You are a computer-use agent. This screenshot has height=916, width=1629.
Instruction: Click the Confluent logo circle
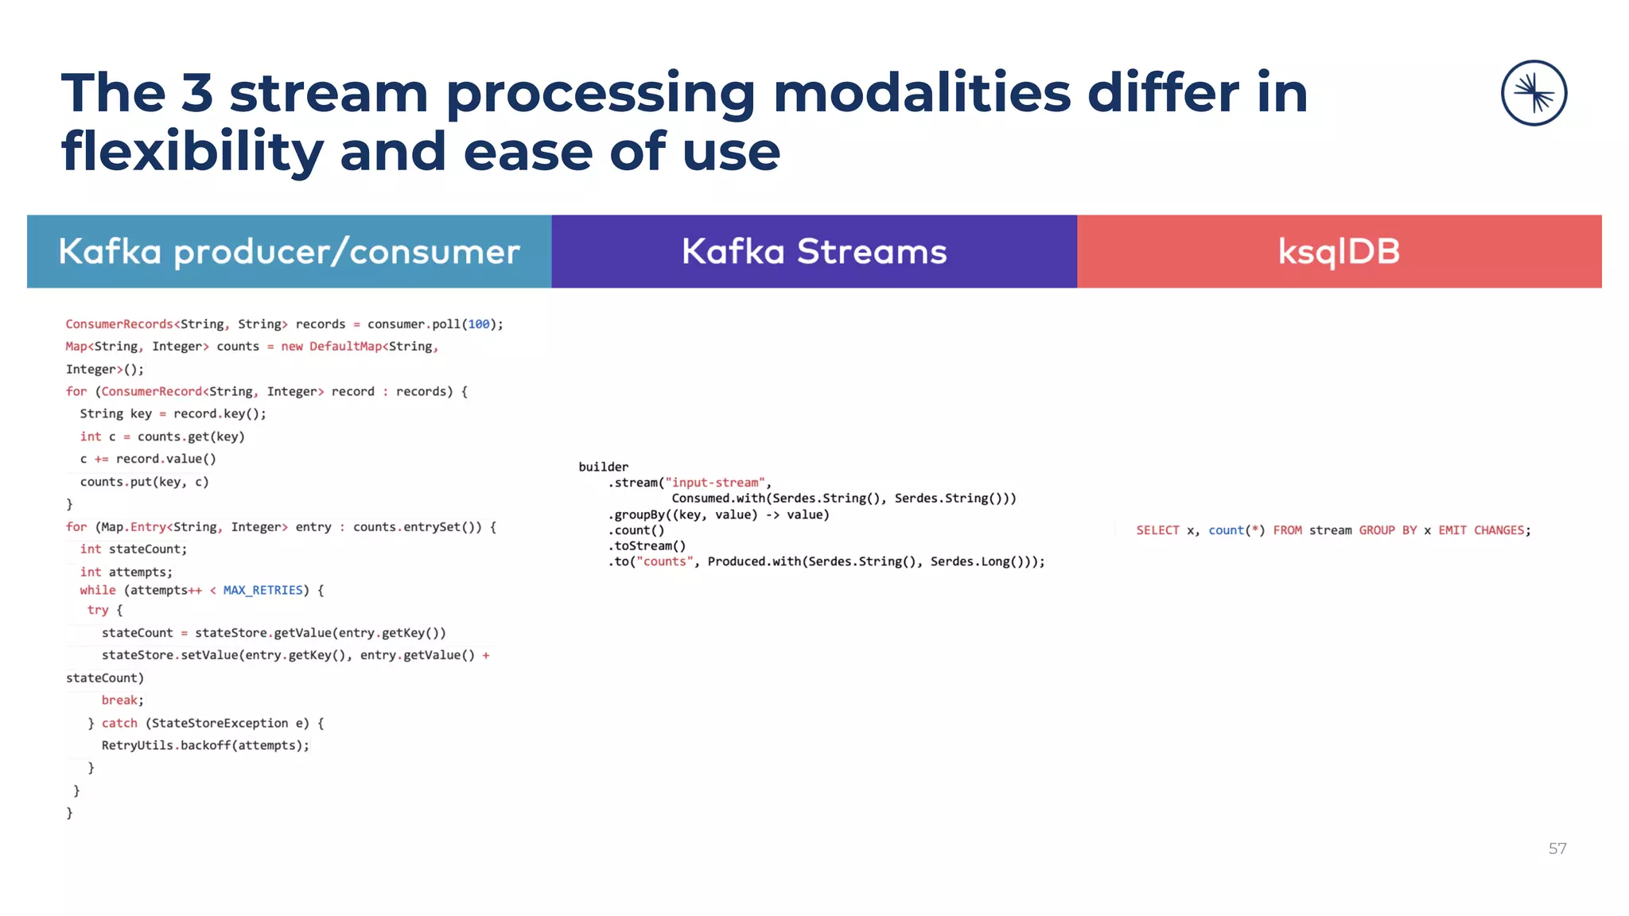1534,93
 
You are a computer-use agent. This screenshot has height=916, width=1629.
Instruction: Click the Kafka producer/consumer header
289,252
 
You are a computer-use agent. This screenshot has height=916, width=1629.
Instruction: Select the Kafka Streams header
814,252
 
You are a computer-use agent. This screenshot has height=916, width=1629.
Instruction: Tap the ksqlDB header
1339,252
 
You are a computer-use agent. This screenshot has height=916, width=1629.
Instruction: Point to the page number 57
1557,848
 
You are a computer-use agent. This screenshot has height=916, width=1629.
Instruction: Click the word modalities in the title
921,93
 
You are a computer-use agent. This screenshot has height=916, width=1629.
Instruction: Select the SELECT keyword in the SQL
1157,530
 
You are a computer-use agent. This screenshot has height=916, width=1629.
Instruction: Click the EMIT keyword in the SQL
1452,530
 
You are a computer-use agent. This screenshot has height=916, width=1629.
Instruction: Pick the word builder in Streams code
603,467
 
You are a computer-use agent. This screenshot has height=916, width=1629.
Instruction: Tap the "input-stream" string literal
715,483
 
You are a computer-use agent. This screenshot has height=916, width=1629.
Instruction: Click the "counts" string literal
664,561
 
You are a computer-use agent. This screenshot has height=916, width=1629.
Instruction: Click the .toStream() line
647,545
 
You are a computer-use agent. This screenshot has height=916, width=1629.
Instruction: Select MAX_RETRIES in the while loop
262,590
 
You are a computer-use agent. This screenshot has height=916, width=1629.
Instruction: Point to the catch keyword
119,723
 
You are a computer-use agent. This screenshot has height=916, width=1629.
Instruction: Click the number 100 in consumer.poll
478,324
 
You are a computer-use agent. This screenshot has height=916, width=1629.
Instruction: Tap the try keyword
98,610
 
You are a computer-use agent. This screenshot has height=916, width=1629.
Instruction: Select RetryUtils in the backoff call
137,745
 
